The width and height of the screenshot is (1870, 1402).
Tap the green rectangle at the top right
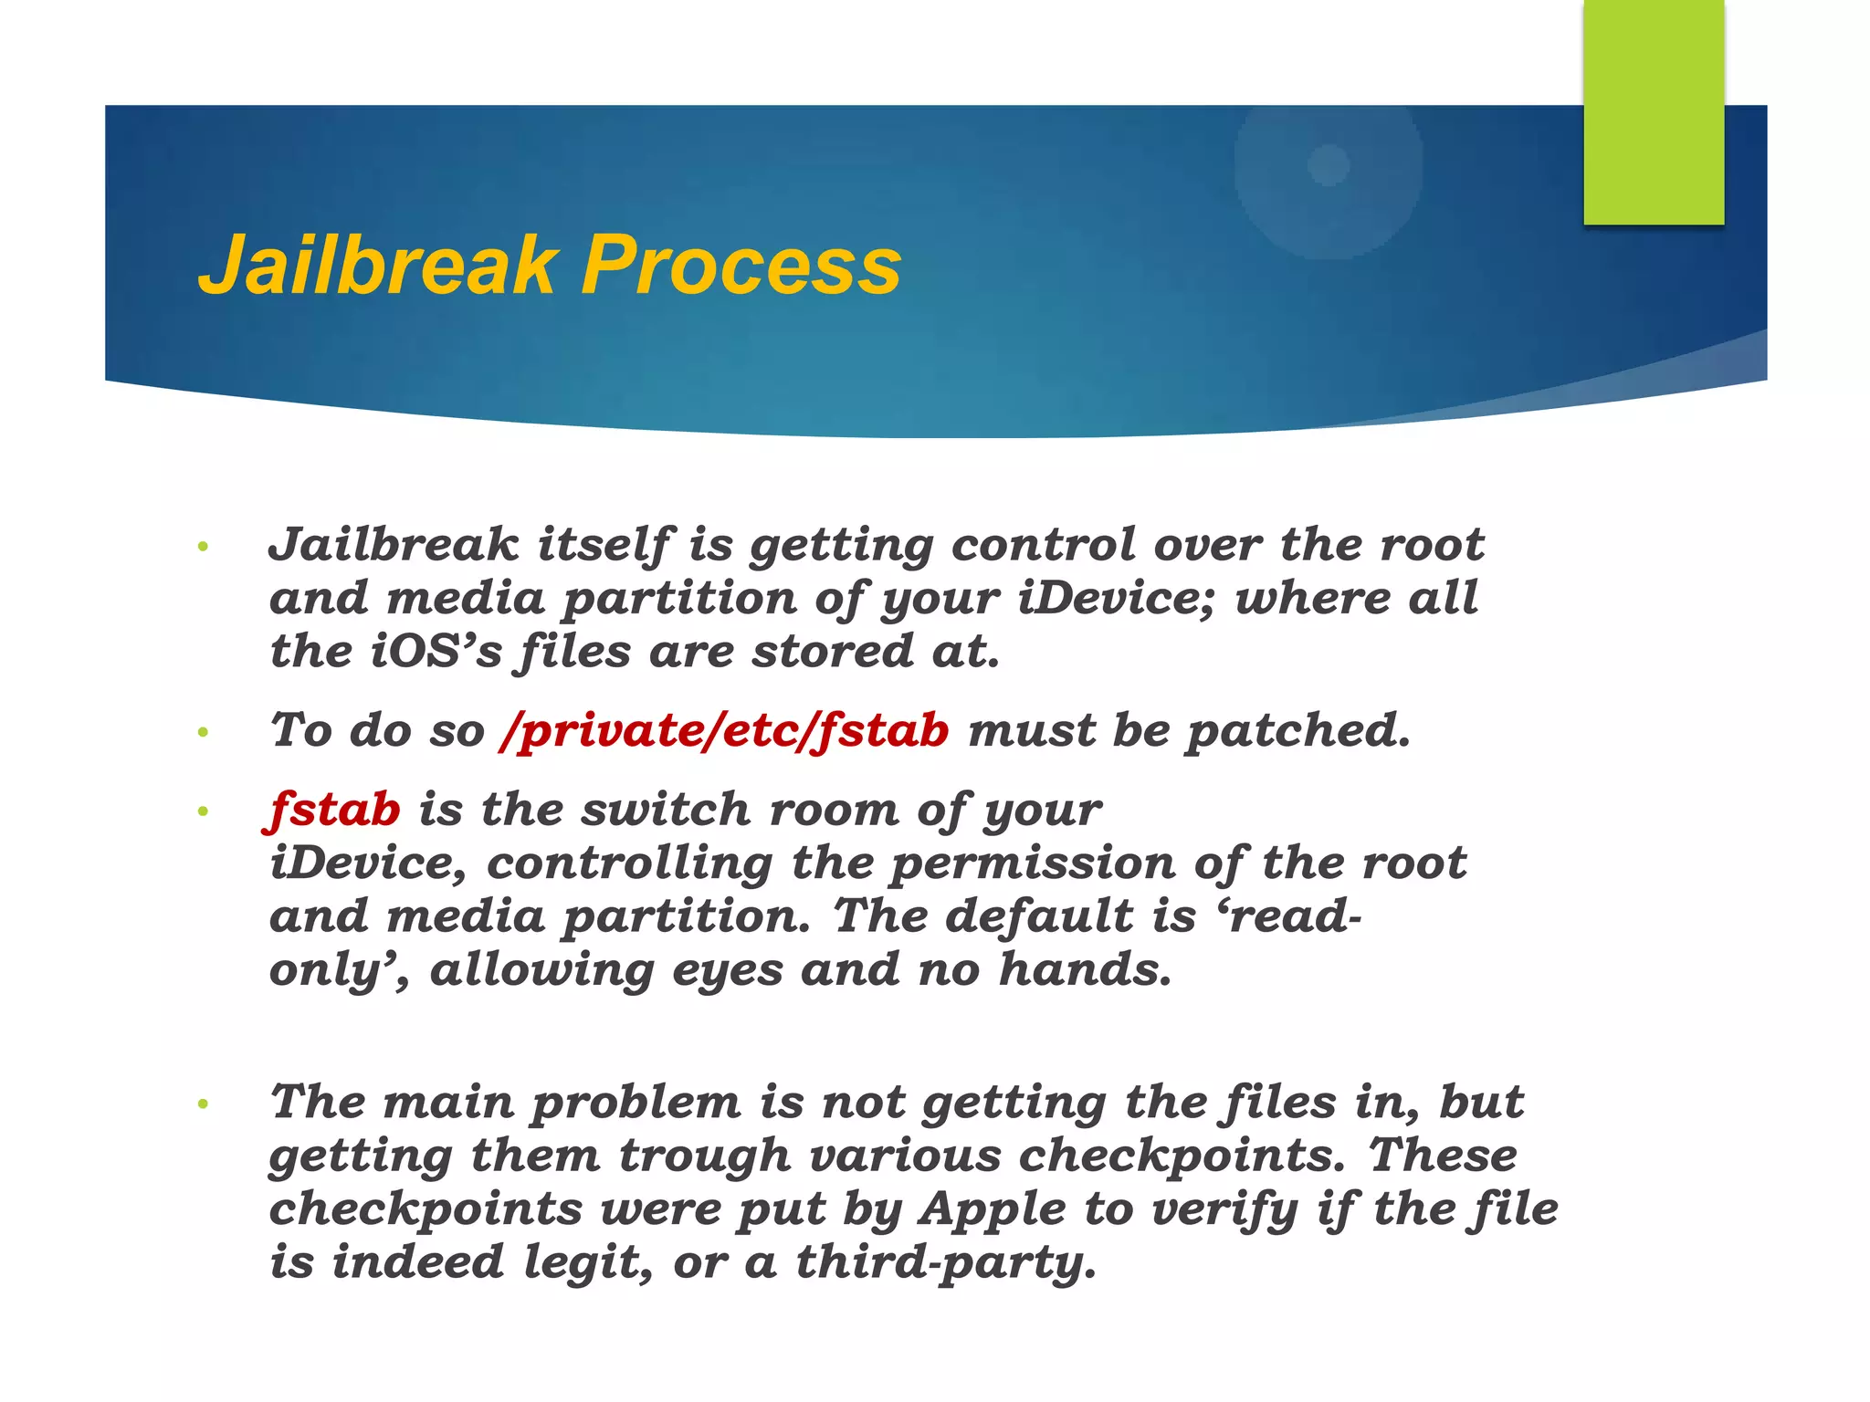(1653, 111)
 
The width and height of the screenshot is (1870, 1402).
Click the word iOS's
(436, 653)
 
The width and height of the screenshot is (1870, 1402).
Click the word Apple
(993, 1210)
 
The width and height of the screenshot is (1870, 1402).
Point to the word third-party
(945, 1263)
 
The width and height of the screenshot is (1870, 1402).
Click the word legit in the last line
(588, 1263)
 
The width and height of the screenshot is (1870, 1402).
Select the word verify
(1224, 1210)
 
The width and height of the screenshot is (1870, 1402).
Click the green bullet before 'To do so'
(203, 733)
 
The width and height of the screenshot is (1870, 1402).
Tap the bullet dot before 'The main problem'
(203, 1104)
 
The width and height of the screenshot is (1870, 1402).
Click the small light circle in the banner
(1329, 165)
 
